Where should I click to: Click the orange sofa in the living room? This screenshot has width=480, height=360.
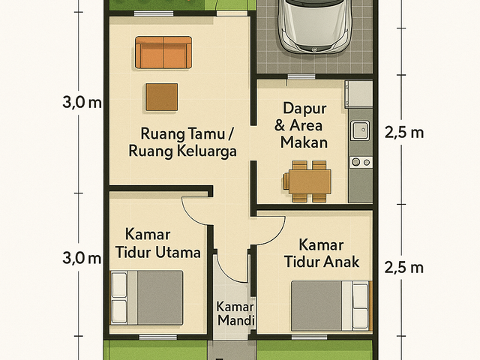point(163,52)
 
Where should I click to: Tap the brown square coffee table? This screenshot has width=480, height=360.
point(162,97)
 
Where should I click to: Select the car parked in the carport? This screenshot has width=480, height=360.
point(313,26)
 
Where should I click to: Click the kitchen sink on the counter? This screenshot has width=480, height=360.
point(360,130)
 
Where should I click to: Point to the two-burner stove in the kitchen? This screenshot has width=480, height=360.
point(361,162)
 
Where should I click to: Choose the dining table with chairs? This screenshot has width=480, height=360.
point(307,181)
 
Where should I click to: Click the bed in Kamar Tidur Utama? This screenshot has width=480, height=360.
point(147,298)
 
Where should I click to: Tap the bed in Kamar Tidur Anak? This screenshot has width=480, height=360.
point(331,306)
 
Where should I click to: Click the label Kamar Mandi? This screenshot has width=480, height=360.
point(235,313)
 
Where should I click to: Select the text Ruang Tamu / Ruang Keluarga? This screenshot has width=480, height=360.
point(183,142)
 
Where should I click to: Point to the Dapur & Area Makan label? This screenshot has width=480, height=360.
point(303,125)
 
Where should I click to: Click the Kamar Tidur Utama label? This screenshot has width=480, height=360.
point(157,243)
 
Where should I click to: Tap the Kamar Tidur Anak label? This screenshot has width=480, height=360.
point(322,253)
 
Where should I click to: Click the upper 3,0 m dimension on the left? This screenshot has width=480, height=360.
point(82,102)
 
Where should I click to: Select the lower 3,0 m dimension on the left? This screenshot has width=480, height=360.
point(82,258)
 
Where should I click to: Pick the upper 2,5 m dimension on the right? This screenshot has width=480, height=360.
point(404,133)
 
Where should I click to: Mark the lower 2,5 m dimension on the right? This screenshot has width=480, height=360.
point(404,268)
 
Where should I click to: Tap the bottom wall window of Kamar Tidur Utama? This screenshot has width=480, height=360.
point(158,337)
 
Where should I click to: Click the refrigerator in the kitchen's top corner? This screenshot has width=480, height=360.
point(358,94)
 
